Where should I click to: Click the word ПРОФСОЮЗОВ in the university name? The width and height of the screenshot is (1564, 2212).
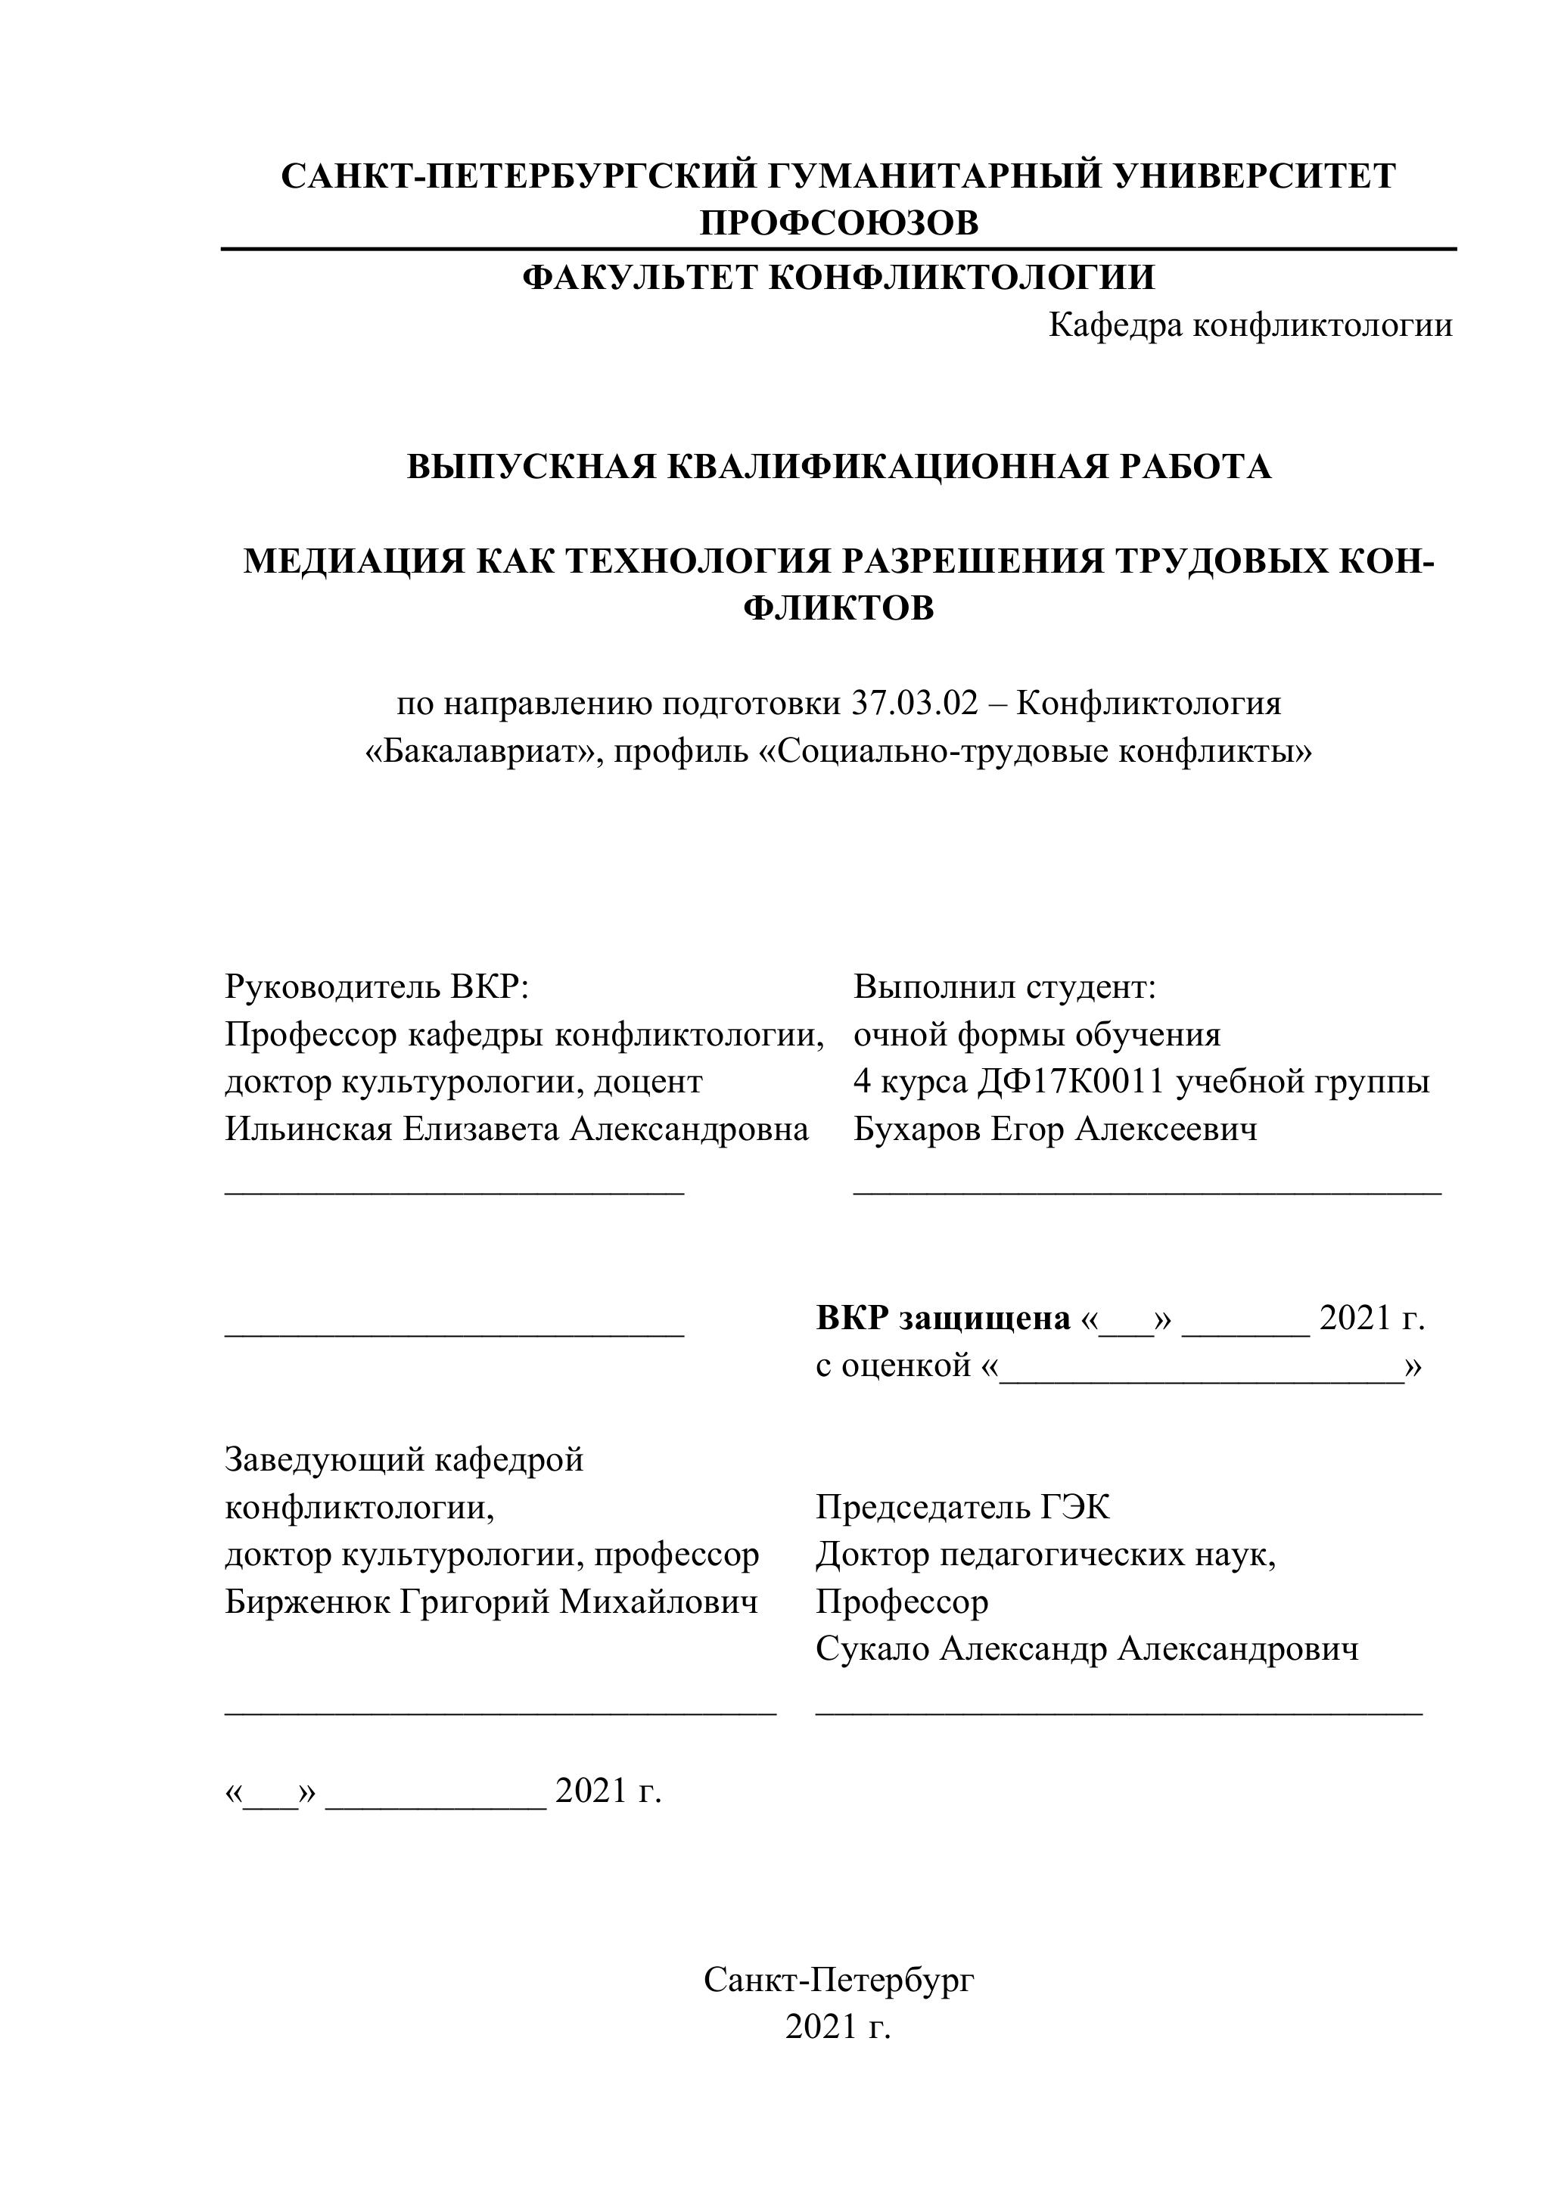pyautogui.click(x=838, y=223)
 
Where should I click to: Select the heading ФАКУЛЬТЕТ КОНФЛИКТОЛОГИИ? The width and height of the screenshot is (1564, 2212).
pyautogui.click(x=838, y=278)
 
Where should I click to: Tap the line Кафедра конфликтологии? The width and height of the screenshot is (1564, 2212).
pyautogui.click(x=1250, y=325)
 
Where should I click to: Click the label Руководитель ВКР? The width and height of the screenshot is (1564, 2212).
pyautogui.click(x=378, y=986)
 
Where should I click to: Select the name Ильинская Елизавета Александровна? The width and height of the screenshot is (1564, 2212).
pyautogui.click(x=517, y=1129)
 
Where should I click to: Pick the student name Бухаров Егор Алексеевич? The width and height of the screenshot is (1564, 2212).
pyautogui.click(x=1056, y=1129)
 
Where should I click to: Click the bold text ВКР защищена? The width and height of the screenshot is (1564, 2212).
pyautogui.click(x=944, y=1318)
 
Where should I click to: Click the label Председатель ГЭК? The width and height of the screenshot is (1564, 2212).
pyautogui.click(x=962, y=1508)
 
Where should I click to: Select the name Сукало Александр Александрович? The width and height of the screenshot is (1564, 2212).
pyautogui.click(x=1087, y=1649)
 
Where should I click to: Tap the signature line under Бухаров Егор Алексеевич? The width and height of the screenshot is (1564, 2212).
pyautogui.click(x=1147, y=1194)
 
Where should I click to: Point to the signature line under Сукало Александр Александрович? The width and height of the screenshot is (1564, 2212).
pyautogui.click(x=1118, y=1714)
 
